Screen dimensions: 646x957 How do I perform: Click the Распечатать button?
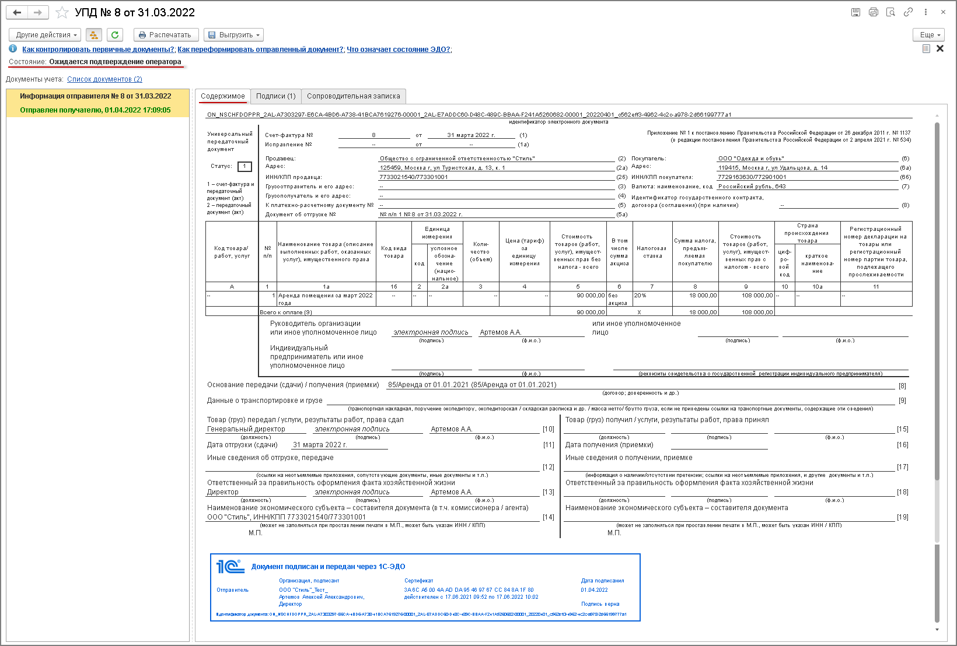(166, 35)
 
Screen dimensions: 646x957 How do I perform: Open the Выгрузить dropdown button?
(233, 35)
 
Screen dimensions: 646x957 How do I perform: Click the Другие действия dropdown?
(46, 35)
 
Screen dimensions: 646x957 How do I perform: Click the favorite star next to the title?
(62, 12)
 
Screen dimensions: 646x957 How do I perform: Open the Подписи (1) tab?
(275, 96)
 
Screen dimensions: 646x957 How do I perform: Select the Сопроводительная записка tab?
(353, 96)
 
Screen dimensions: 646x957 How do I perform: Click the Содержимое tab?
(223, 96)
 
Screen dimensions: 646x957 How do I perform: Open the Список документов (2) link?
(104, 79)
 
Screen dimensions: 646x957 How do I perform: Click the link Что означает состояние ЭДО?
(399, 50)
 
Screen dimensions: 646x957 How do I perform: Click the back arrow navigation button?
(17, 12)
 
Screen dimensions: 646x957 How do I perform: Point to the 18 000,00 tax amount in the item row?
(703, 296)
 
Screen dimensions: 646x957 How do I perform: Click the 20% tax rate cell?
(640, 296)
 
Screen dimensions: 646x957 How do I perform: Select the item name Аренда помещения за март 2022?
(325, 296)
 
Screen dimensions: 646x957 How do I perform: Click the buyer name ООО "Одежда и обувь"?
(751, 159)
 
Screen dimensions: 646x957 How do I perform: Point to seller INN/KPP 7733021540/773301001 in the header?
(414, 177)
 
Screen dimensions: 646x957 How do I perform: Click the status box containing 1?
(245, 167)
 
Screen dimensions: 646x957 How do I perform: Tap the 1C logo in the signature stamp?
(230, 566)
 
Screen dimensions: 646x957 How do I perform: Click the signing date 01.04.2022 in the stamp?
(594, 590)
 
